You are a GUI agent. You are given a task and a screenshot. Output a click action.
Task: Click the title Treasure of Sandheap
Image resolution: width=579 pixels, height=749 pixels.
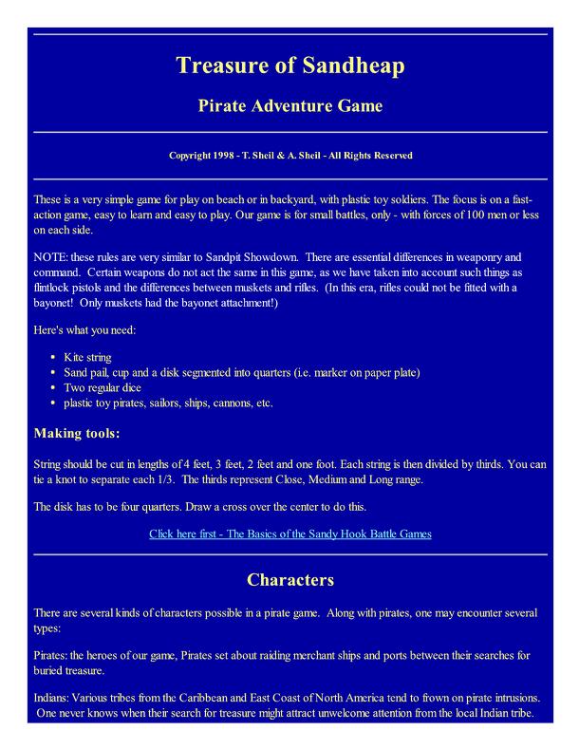click(289, 66)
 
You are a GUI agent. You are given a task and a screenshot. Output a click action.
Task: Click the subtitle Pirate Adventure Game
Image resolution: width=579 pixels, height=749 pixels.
click(289, 105)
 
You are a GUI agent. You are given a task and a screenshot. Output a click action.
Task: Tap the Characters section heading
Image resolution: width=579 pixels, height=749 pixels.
click(289, 578)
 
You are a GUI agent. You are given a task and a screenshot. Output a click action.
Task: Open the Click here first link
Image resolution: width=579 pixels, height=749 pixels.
click(289, 534)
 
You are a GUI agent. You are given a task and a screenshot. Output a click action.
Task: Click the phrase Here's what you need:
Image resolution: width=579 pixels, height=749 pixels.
click(85, 331)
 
